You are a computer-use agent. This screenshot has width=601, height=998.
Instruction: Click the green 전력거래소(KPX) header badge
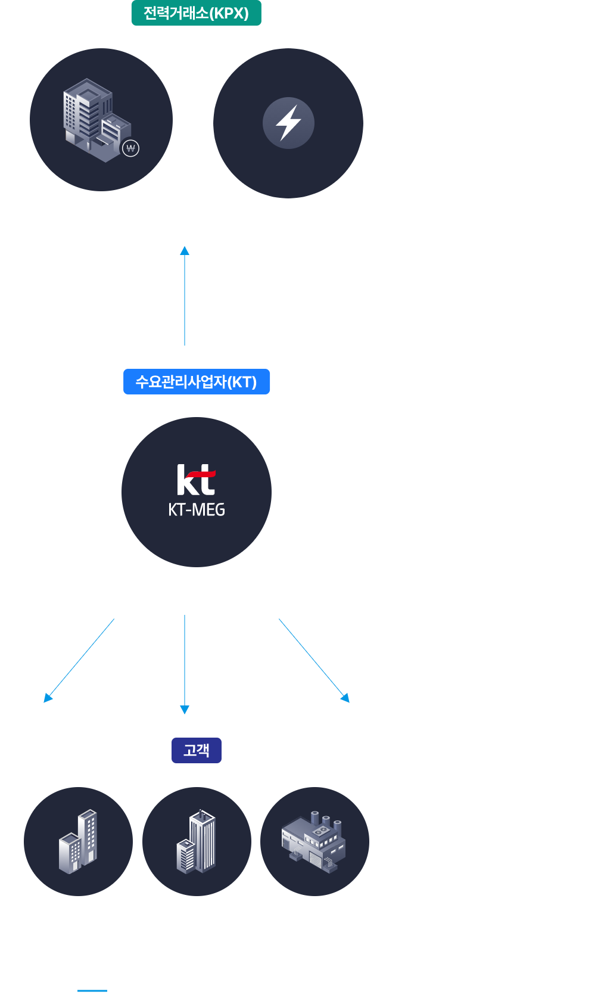click(196, 13)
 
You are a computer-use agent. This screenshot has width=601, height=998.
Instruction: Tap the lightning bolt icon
click(288, 123)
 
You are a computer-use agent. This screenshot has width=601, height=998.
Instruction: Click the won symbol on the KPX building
click(130, 148)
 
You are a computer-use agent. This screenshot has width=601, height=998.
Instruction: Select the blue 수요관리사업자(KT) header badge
click(196, 382)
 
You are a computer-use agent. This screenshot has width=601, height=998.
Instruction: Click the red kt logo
click(196, 480)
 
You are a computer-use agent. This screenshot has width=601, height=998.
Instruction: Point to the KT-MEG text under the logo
click(196, 510)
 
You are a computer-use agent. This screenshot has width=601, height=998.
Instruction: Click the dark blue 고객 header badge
click(196, 751)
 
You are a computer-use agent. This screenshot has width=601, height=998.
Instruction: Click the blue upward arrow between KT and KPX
click(185, 295)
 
